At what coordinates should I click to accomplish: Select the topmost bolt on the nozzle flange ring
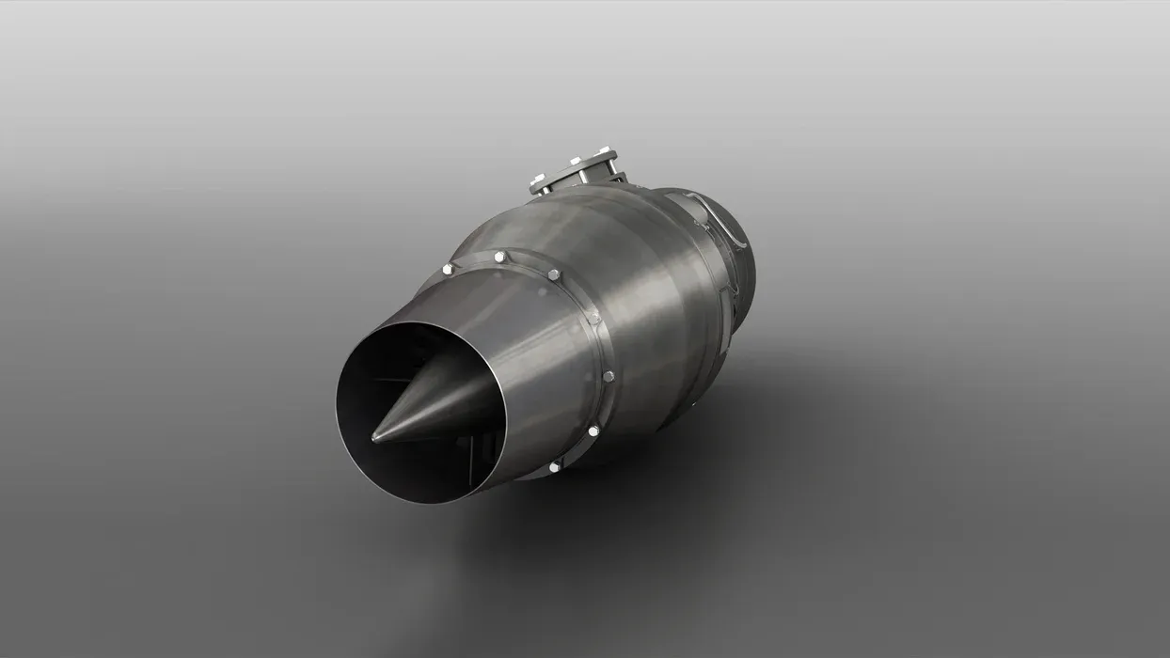pos(498,257)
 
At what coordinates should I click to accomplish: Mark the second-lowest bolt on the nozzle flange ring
pos(593,431)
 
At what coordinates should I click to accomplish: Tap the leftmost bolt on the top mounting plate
pos(537,179)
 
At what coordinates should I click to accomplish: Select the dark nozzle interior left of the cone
pos(367,376)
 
